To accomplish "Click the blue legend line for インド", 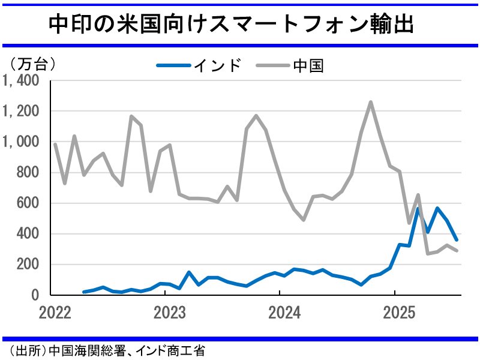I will pos(173,65).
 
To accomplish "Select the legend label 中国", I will pos(309,65).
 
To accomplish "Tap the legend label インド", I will pos(217,65).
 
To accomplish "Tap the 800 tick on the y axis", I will pos(28,172).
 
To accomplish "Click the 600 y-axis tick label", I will pos(28,203).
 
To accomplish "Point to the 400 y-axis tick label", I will pos(28,233).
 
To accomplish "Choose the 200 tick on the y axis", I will pos(28,264).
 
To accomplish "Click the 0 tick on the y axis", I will pos(35,295).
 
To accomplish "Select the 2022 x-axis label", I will pos(55,312).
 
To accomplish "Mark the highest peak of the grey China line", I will pos(370,102).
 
